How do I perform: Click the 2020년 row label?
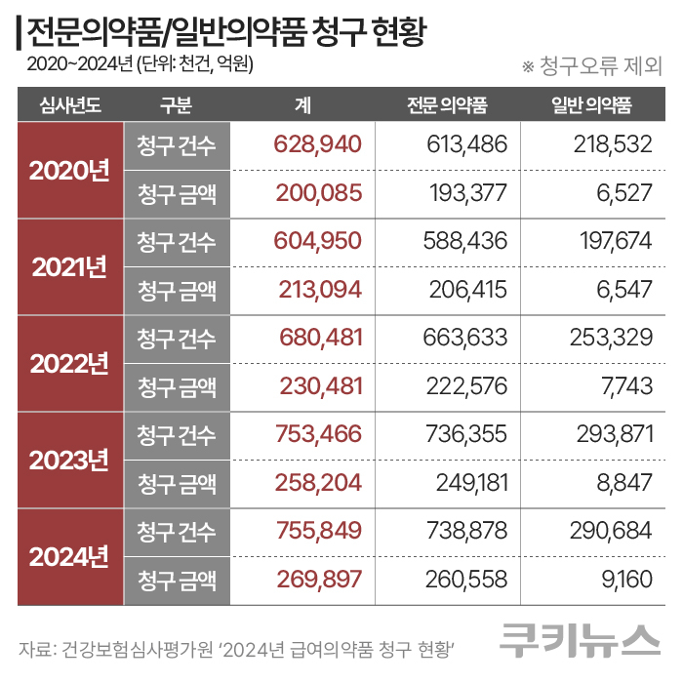(69, 170)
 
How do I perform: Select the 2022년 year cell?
(69, 363)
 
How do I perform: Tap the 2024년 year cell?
(69, 557)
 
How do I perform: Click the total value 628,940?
(305, 144)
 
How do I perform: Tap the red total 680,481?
(305, 338)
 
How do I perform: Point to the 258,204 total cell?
(305, 483)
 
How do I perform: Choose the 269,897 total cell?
(305, 581)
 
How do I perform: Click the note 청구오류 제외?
(592, 66)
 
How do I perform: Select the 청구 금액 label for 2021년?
(177, 290)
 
